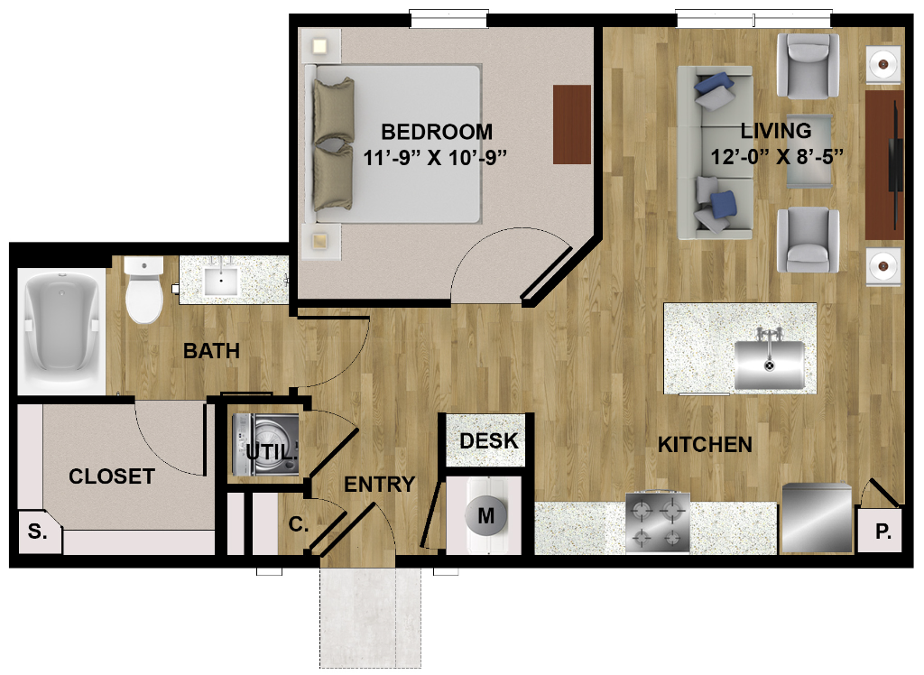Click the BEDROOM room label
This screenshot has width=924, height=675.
coord(437,132)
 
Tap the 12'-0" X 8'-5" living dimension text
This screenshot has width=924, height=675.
coord(777,157)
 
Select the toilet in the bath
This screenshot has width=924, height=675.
coord(143,290)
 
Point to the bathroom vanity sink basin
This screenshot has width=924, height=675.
coord(221,281)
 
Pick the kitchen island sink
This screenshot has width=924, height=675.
coord(769,364)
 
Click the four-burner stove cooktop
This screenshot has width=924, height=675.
coord(658,522)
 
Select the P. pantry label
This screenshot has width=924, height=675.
coord(882,532)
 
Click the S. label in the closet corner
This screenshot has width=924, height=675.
coord(37,532)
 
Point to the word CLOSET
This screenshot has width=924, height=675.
coord(112,476)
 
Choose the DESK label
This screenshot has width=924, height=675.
coord(488,440)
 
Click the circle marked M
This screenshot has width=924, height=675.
coord(486,516)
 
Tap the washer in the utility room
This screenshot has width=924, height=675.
coord(266,445)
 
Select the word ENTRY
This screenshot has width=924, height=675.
coord(380,485)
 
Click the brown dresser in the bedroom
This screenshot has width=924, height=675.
coord(571,125)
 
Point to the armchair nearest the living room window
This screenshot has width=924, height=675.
coord(808,66)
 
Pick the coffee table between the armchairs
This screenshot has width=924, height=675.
coord(809,151)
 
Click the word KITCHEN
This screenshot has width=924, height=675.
coord(705,445)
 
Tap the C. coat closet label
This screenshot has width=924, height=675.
coord(299,524)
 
